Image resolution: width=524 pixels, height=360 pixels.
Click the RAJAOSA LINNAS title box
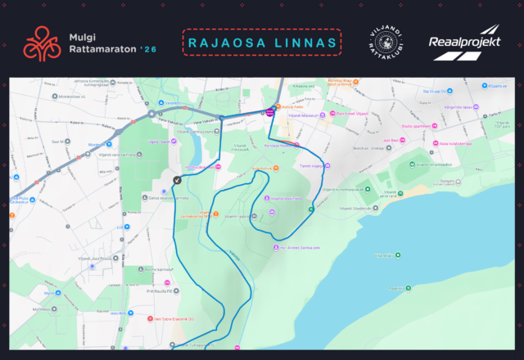click(x=261, y=42)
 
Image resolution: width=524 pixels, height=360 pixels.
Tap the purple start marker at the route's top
click(x=270, y=113)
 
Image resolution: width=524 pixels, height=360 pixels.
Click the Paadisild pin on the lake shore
click(x=398, y=289)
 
